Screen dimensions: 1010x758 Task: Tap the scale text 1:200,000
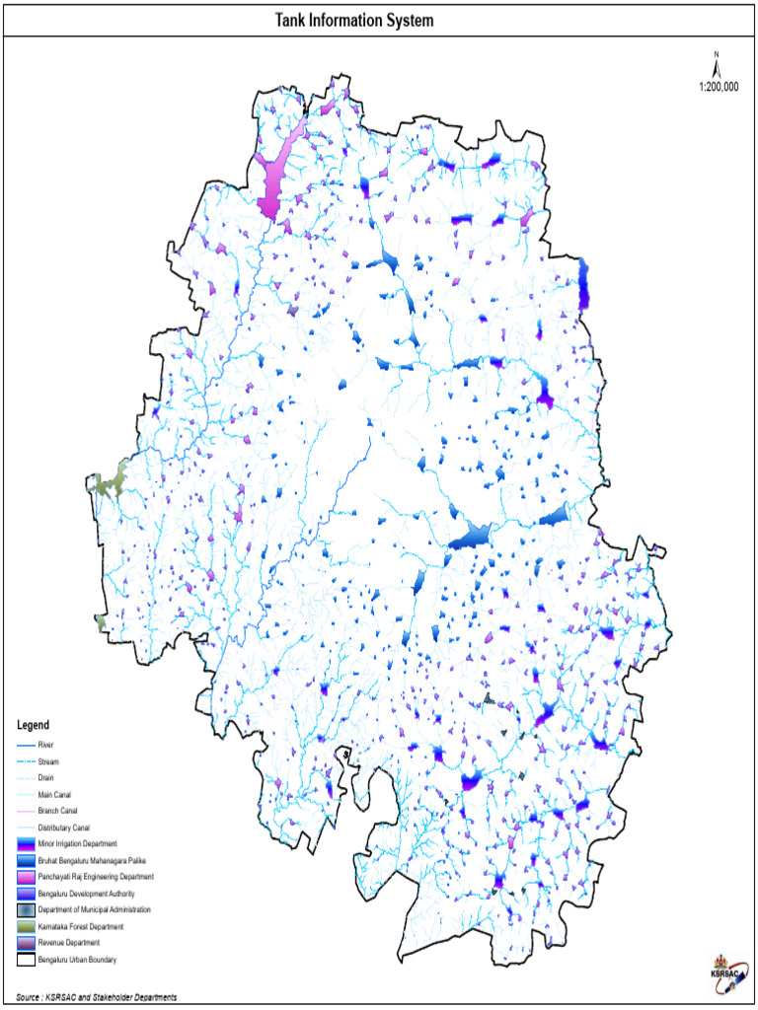pyautogui.click(x=719, y=87)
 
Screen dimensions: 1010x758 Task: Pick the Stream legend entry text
pyautogui.click(x=48, y=761)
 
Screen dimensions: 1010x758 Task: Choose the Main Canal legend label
pyautogui.click(x=54, y=794)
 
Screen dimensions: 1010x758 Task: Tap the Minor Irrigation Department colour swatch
pyautogui.click(x=26, y=843)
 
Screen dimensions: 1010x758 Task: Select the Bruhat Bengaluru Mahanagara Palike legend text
pyautogui.click(x=98, y=860)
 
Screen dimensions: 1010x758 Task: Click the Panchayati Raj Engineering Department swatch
pyautogui.click(x=26, y=876)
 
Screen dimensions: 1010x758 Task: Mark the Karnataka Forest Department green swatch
pyautogui.click(x=26, y=926)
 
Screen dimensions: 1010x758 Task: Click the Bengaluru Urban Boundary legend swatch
pyautogui.click(x=26, y=959)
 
